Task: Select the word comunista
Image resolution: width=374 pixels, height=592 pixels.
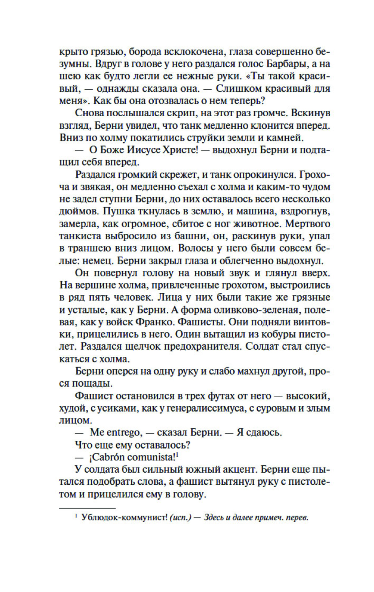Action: coord(152,457)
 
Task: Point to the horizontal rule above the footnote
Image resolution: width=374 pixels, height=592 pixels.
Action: coord(87,508)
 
